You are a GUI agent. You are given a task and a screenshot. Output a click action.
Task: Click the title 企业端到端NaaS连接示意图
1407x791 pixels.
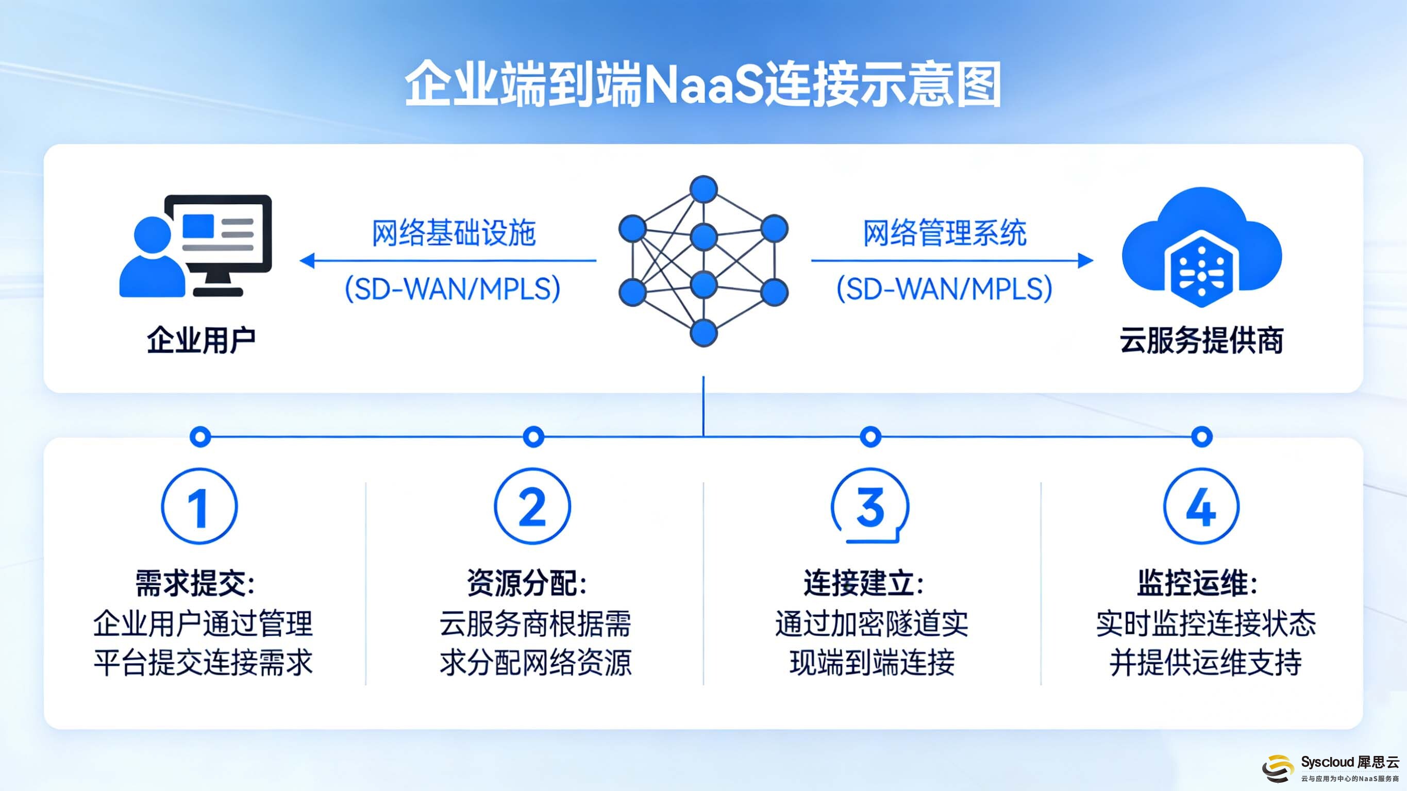[x=703, y=85]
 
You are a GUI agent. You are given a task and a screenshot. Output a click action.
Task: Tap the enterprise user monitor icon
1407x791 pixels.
[x=219, y=240]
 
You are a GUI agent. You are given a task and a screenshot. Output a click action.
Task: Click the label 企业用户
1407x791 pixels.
[x=201, y=340]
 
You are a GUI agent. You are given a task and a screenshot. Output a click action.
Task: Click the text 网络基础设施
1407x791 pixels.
[x=454, y=233]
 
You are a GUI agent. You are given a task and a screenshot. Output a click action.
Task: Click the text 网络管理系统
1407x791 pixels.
[x=944, y=233]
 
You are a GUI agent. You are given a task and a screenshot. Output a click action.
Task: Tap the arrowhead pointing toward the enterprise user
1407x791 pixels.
[x=307, y=261]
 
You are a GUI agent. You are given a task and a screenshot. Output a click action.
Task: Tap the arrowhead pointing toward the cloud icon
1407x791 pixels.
[x=1086, y=261]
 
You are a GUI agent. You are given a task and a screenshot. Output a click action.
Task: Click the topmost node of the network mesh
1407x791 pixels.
[x=703, y=189]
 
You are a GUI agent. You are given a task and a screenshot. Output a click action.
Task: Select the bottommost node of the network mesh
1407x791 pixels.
[x=703, y=333]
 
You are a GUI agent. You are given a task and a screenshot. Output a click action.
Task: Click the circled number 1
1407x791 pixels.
[x=199, y=507]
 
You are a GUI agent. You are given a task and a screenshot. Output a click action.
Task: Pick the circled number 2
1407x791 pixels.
[x=532, y=507]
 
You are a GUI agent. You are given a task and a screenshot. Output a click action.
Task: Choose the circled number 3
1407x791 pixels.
[x=870, y=507]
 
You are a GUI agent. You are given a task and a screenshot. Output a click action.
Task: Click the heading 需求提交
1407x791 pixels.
[x=195, y=583]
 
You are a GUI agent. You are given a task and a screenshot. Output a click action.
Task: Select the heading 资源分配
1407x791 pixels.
[x=527, y=583]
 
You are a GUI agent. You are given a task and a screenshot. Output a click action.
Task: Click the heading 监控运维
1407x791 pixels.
[x=1197, y=583]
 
